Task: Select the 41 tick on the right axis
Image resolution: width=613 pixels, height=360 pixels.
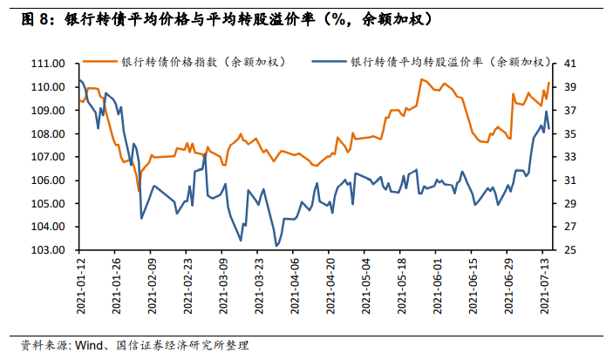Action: pos(570,64)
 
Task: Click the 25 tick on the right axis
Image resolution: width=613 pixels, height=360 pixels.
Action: pos(570,250)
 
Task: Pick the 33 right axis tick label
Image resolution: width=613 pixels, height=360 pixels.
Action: pos(570,157)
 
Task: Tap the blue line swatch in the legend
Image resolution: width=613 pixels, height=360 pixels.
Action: pos(330,62)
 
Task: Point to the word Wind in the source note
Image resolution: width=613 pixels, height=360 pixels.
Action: pos(88,345)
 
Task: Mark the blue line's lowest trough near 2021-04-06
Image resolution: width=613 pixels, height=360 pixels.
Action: pos(276,245)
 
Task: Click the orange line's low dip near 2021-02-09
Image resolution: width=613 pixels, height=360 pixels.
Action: pos(138,191)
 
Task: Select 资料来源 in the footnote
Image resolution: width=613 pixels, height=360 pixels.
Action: pos(41,345)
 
